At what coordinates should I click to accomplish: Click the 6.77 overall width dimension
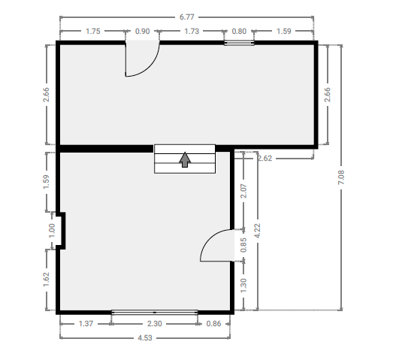point(187,17)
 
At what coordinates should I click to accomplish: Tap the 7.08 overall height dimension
point(341,177)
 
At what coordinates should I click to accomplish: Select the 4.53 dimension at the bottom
point(145,337)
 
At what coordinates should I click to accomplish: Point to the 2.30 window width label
point(155,324)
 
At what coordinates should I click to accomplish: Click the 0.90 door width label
point(143,32)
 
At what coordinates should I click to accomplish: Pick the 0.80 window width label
point(239,32)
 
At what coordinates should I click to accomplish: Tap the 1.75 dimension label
point(93,32)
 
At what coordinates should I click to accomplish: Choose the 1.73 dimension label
point(192,32)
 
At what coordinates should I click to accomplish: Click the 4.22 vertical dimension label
point(257,231)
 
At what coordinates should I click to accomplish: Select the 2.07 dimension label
point(243,191)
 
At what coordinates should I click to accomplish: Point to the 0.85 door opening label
point(243,245)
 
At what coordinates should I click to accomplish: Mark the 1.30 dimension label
point(243,286)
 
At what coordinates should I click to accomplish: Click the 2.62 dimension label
point(265,159)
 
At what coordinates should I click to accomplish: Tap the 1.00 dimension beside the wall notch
point(52,231)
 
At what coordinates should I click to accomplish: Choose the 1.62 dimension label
point(47,280)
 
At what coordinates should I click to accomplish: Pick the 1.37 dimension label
point(86,324)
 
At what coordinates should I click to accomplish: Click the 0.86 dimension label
point(213,324)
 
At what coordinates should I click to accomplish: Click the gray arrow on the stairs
point(185,159)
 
